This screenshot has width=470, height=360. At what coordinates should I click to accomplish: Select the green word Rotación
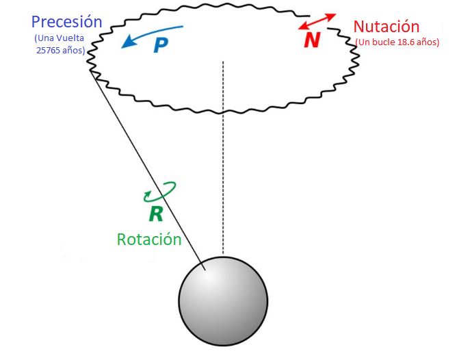[x=149, y=240]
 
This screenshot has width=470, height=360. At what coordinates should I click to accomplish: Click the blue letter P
[x=160, y=45]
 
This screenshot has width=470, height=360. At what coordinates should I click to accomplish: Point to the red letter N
[x=312, y=40]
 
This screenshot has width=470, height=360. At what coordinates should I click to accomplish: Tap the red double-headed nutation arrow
[x=317, y=21]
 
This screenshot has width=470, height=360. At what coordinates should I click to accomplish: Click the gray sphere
[x=223, y=302]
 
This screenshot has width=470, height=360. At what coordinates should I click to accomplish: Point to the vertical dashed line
[x=223, y=157]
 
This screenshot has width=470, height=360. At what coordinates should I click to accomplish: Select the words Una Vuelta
[x=58, y=39]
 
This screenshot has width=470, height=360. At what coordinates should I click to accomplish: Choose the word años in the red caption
[x=428, y=42]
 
